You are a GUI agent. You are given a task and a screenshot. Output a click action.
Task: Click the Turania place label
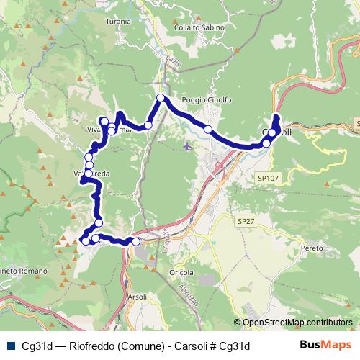click(x=117, y=22)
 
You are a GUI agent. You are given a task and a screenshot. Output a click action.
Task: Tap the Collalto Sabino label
click(x=199, y=27)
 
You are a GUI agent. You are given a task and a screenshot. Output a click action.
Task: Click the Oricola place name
click(x=181, y=273)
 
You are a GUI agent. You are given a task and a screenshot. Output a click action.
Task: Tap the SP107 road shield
click(x=267, y=177)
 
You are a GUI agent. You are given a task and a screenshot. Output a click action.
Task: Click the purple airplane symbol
click(x=188, y=146)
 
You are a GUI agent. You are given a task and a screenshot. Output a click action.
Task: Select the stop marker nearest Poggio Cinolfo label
click(x=207, y=129)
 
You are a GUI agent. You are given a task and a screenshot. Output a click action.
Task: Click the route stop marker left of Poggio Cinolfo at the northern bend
click(x=161, y=98)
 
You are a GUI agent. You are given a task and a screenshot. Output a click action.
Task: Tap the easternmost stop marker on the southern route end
click(x=135, y=242)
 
